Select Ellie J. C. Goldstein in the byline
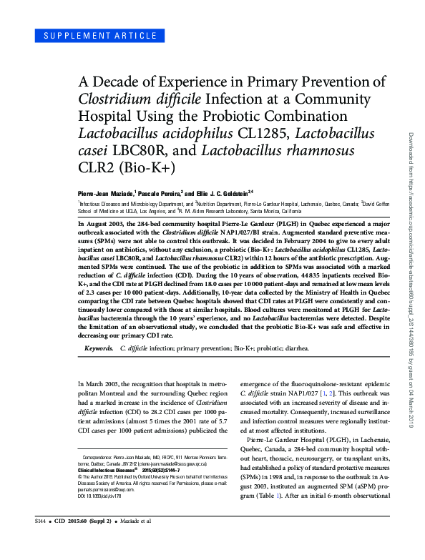coord(223,193)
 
